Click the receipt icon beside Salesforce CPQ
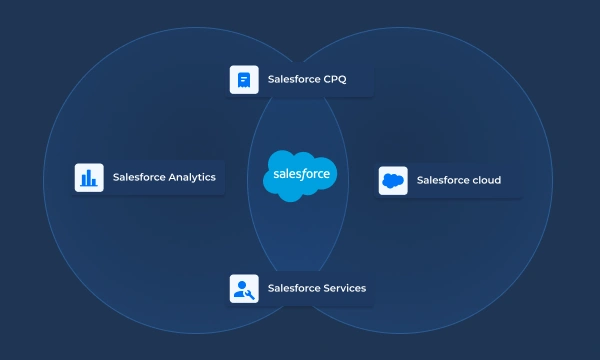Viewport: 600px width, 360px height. [244, 79]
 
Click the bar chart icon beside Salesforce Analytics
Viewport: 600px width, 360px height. [89, 177]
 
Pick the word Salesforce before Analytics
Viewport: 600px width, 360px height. [138, 177]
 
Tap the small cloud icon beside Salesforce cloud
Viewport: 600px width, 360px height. [393, 181]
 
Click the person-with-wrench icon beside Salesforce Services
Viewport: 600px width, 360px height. [244, 289]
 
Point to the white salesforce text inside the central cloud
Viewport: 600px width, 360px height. [300, 178]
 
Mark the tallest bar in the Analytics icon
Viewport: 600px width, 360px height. [89, 176]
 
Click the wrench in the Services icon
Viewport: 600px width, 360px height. [250, 294]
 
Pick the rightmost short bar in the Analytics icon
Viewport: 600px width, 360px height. [95, 182]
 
